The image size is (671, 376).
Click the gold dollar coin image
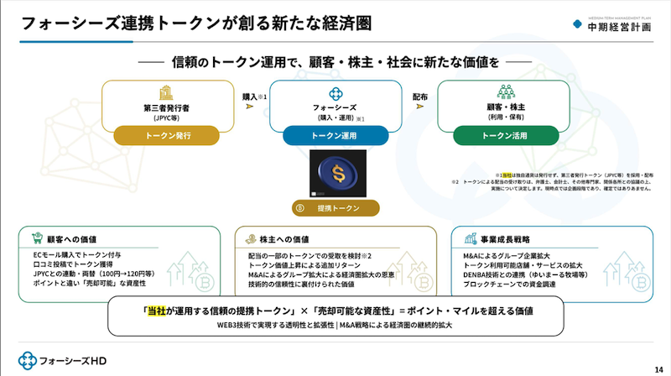click(335, 174)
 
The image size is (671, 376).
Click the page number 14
click(657, 368)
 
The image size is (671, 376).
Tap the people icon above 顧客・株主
click(506, 92)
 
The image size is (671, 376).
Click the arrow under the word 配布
click(420, 111)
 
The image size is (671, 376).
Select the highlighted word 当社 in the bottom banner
click(157, 310)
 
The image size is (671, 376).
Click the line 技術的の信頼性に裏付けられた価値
click(302, 285)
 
